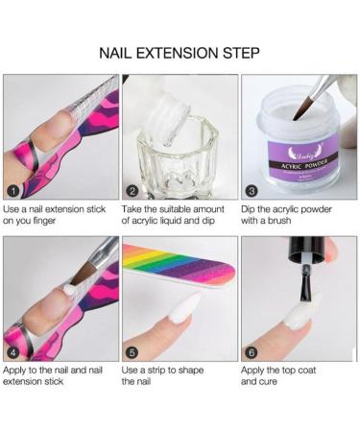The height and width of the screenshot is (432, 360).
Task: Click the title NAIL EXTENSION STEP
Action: click(x=180, y=50)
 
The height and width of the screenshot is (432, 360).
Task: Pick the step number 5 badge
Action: click(x=132, y=350)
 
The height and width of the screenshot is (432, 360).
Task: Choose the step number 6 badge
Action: click(x=252, y=350)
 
